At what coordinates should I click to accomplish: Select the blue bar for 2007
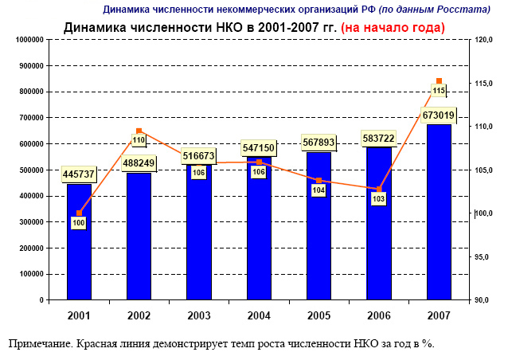439,215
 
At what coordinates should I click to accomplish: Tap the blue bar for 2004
259,239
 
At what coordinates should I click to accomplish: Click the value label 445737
79,174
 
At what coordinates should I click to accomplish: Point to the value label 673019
439,115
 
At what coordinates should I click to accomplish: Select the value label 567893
318,143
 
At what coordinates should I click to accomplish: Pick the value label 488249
139,161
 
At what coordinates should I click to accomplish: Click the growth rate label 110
139,140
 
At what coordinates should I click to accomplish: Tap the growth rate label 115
439,92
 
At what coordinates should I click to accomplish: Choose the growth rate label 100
79,223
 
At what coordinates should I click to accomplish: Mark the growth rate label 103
379,198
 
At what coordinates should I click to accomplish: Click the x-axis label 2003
199,316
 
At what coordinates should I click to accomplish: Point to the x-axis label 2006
379,316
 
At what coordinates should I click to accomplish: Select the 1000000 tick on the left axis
26,40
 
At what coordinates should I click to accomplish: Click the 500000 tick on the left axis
29,170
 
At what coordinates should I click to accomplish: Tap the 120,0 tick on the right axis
485,40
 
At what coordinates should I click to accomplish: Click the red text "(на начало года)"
393,27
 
